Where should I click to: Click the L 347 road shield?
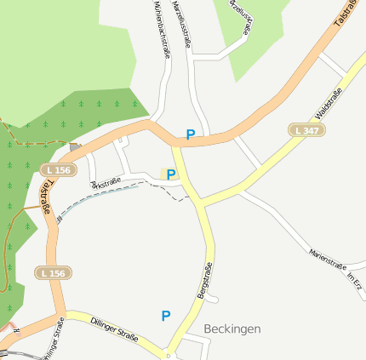[306, 130]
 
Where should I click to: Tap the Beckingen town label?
[232, 329]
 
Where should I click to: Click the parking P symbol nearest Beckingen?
[166, 316]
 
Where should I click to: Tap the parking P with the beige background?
[170, 174]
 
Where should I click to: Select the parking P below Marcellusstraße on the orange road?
[191, 134]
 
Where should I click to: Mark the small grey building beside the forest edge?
[75, 147]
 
